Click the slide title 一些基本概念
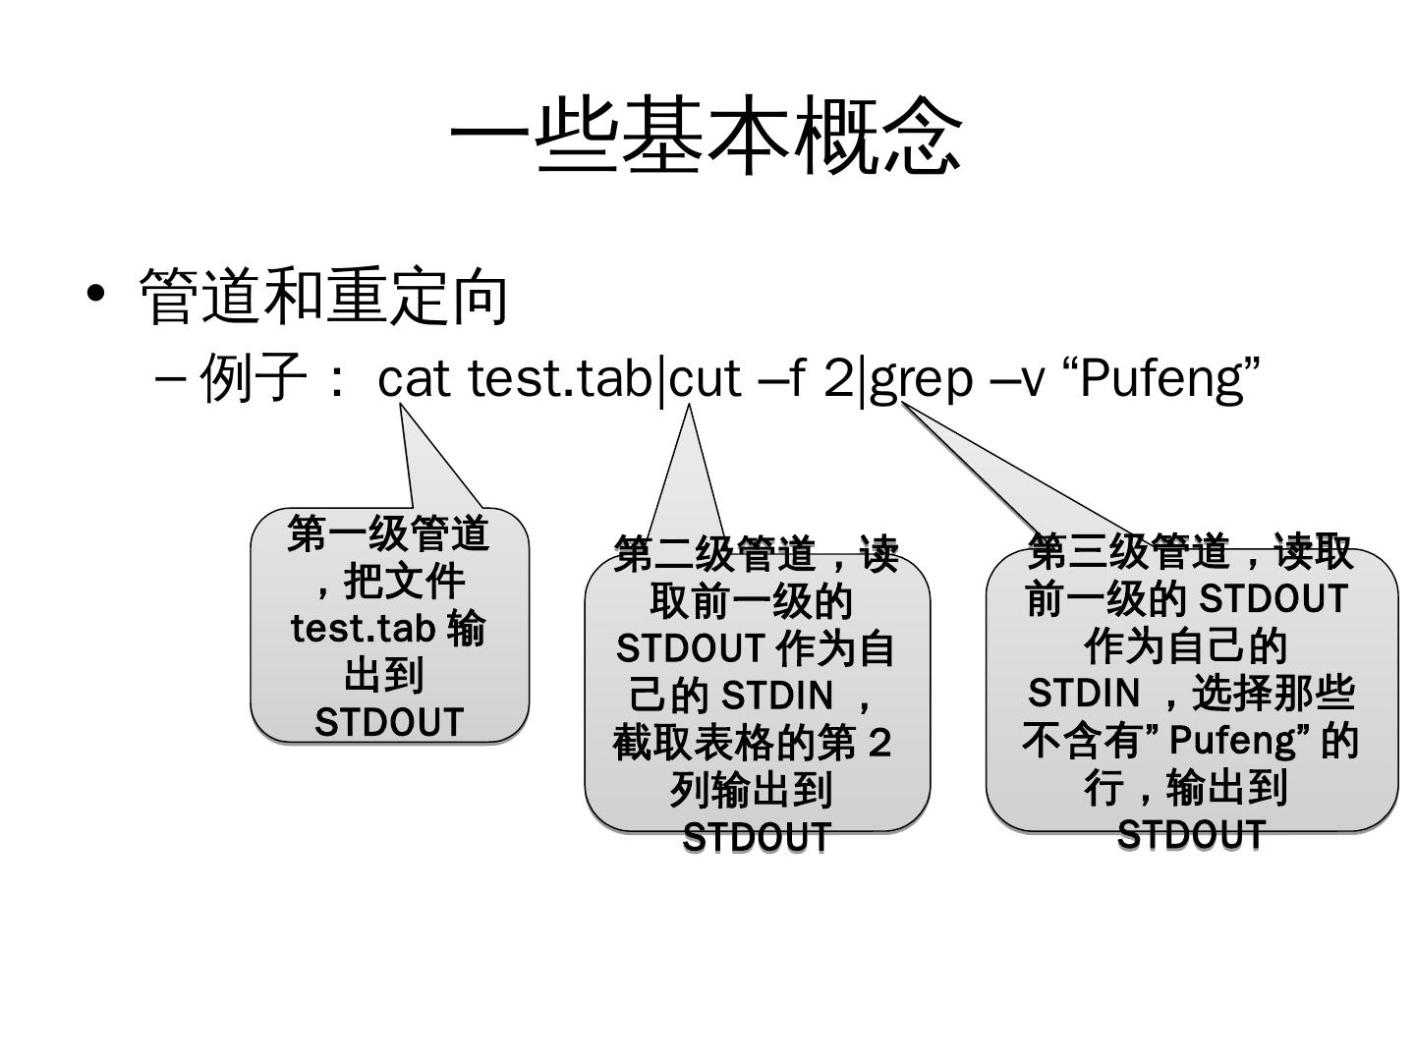click(707, 137)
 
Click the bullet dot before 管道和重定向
click(95, 293)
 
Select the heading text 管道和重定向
click(324, 296)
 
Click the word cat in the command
click(414, 378)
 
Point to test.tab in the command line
click(561, 377)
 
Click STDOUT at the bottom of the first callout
click(389, 722)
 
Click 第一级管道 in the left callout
click(389, 534)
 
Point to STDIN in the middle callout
click(777, 696)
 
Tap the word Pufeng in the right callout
click(1234, 740)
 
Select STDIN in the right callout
click(1083, 694)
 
